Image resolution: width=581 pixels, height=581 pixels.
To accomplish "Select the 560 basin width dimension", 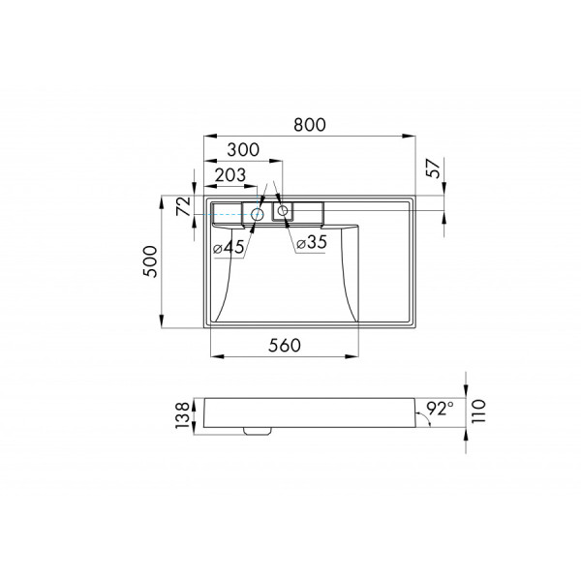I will (x=282, y=345).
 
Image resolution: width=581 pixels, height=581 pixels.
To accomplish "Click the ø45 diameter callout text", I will (x=229, y=248).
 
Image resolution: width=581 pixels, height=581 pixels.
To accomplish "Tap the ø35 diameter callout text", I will (x=312, y=243).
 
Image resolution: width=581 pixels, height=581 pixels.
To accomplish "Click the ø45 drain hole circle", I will (x=258, y=213).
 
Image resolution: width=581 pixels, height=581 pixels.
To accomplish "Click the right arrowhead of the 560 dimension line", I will (x=357, y=356).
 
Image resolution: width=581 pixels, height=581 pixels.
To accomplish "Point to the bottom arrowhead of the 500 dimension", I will (x=162, y=326).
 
